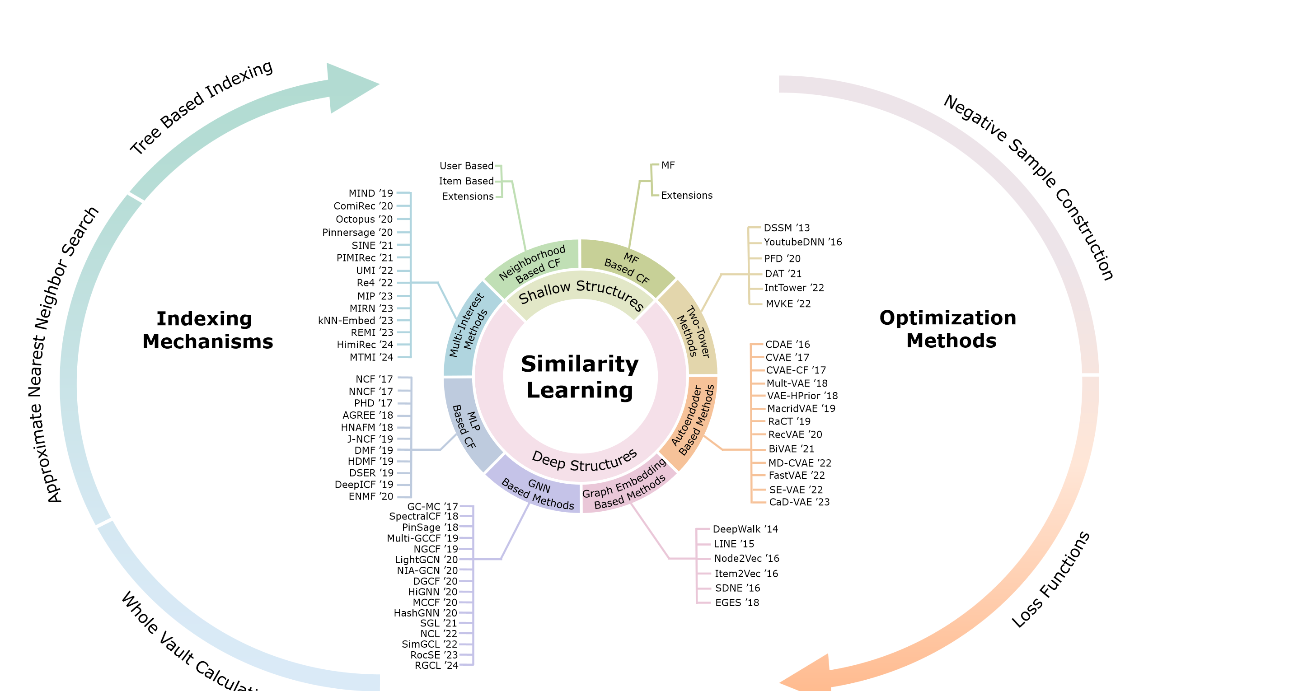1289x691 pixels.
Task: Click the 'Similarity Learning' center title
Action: (580, 377)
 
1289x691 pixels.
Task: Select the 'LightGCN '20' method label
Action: (427, 560)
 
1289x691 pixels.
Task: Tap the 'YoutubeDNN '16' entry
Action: (802, 242)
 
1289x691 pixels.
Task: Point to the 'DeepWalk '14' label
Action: (745, 529)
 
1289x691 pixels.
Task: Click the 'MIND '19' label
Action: (371, 193)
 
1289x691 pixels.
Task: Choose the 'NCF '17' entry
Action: (374, 379)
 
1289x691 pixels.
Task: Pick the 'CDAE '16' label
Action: (787, 344)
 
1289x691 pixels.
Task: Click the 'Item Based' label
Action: (466, 181)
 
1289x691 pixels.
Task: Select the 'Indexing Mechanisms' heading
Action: (208, 330)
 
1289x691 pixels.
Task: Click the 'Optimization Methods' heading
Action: (949, 329)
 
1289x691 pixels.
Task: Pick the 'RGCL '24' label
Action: (436, 665)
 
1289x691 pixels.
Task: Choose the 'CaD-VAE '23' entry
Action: (799, 502)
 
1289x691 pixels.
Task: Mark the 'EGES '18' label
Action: (737, 602)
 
